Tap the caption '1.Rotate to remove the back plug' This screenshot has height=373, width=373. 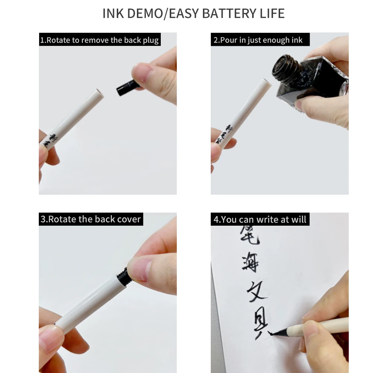[100, 40]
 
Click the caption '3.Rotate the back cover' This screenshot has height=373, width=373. [91, 219]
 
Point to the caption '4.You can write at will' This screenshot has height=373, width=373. [260, 219]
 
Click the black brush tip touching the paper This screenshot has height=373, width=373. [276, 332]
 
